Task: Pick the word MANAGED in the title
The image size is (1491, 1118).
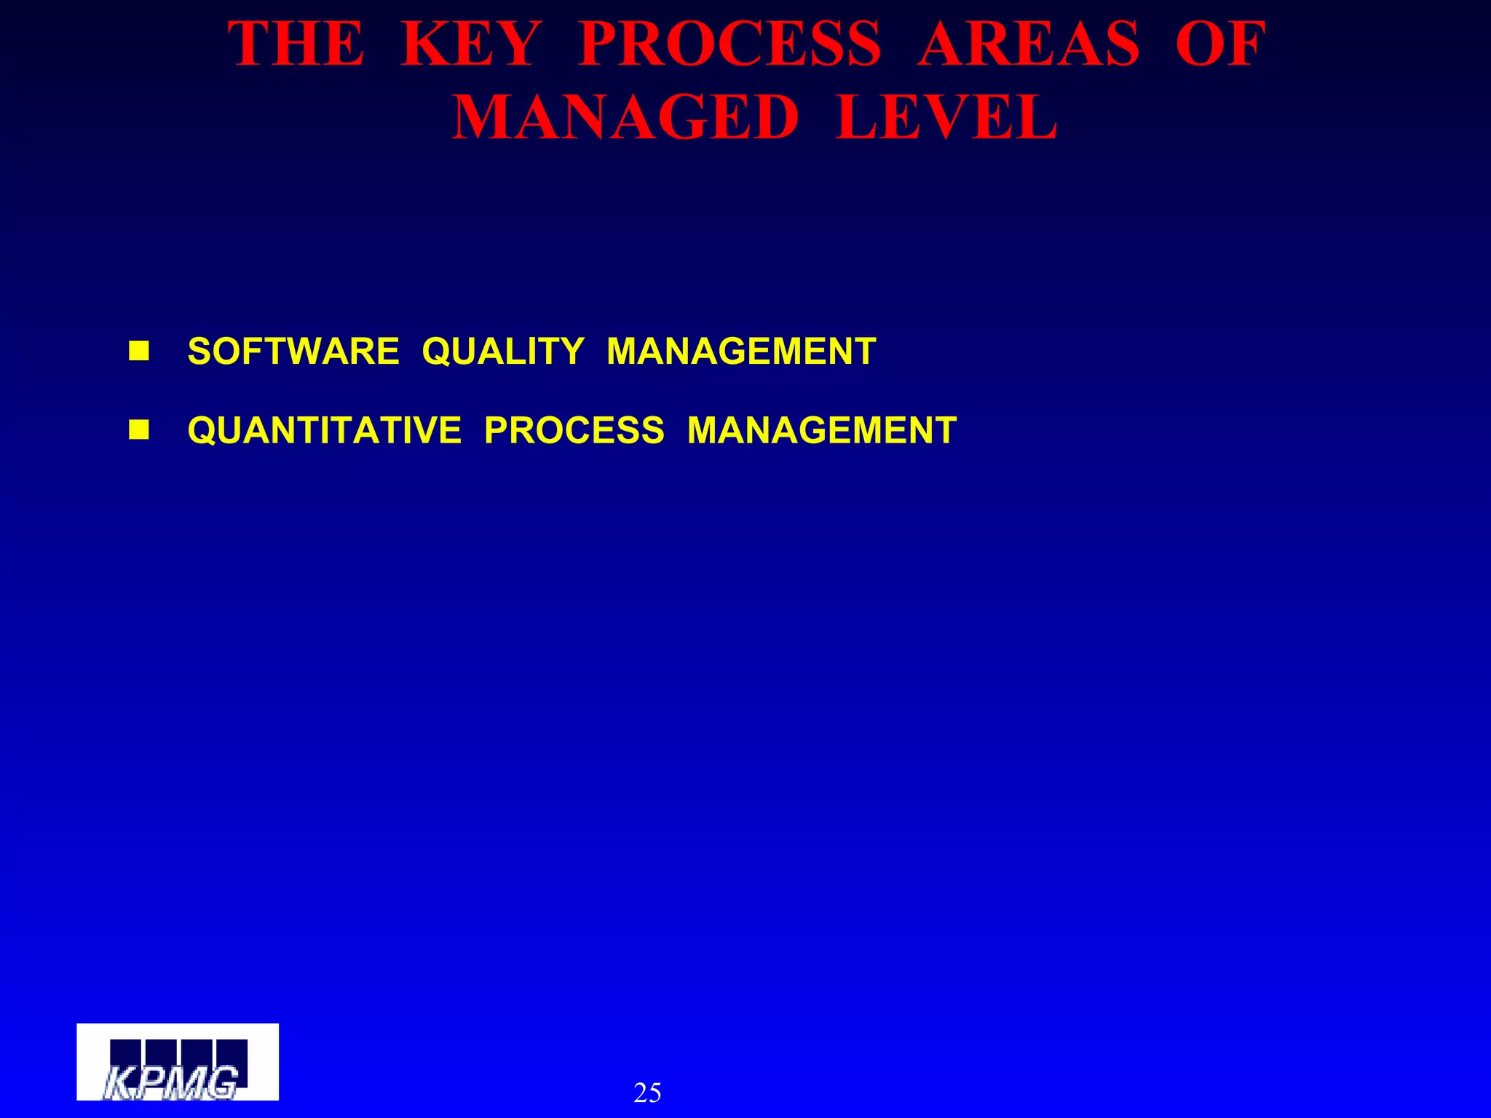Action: pos(625,118)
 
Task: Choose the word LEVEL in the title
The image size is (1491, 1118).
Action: pos(946,118)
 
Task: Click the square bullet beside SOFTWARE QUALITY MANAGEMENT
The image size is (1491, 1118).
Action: pos(138,352)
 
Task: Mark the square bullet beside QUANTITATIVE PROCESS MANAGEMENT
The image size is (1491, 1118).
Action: pos(138,430)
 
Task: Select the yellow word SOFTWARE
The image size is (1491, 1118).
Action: pos(293,352)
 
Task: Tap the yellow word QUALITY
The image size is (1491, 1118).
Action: pos(503,352)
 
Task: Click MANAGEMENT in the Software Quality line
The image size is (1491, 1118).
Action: pos(741,352)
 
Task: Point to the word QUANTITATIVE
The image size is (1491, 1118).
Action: pos(325,430)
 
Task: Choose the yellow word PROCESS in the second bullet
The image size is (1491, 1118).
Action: pos(574,430)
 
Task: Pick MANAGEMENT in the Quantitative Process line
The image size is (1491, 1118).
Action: pos(822,430)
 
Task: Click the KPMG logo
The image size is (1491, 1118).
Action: pos(178,1062)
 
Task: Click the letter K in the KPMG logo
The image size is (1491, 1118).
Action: pos(116,1083)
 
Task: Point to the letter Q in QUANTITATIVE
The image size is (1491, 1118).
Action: pos(202,431)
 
